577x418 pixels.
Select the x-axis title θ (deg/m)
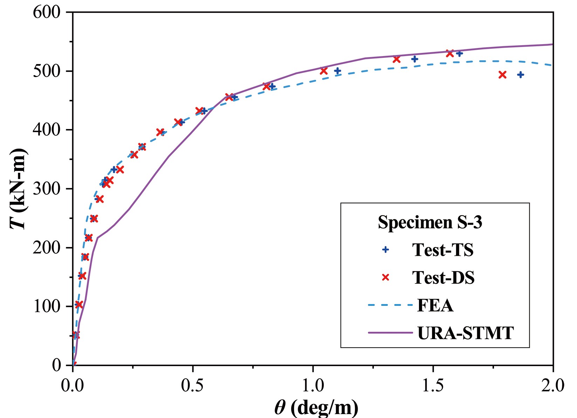coord(316,407)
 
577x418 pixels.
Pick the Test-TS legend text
coord(443,250)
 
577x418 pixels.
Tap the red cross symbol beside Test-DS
coord(386,277)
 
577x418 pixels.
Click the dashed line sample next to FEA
coord(390,306)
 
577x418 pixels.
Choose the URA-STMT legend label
coord(466,333)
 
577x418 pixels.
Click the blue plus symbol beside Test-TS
coord(386,250)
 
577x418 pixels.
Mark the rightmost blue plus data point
coord(521,75)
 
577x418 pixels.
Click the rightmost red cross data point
coord(502,75)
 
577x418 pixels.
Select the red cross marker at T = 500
coord(324,71)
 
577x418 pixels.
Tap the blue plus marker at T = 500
coord(337,71)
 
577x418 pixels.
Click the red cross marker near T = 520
coord(397,59)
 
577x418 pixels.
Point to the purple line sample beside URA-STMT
coord(390,333)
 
